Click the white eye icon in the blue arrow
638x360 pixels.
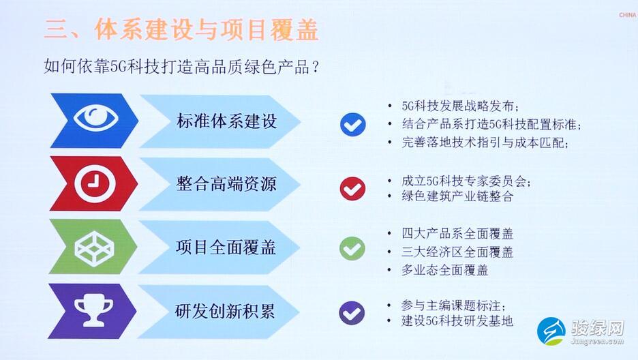[x=96, y=118]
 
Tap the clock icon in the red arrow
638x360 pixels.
[x=95, y=183]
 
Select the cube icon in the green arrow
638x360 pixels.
[x=94, y=249]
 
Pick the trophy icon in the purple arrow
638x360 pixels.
[x=93, y=312]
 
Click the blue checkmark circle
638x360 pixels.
[x=353, y=124]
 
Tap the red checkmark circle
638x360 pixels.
[x=352, y=188]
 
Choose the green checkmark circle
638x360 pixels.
[x=352, y=249]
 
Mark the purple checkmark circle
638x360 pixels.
[x=352, y=313]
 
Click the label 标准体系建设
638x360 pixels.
[x=226, y=121]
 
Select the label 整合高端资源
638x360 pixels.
[x=226, y=184]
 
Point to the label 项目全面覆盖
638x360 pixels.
[x=226, y=247]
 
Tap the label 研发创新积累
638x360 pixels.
[x=225, y=311]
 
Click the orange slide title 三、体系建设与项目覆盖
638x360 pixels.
[x=181, y=29]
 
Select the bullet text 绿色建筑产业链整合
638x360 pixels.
[x=457, y=196]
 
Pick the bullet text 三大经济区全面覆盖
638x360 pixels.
[x=457, y=252]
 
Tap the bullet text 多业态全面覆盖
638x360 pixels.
[x=444, y=270]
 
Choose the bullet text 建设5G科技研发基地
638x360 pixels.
[x=457, y=321]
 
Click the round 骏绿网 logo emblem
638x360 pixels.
[x=551, y=331]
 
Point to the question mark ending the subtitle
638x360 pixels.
[x=314, y=67]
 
